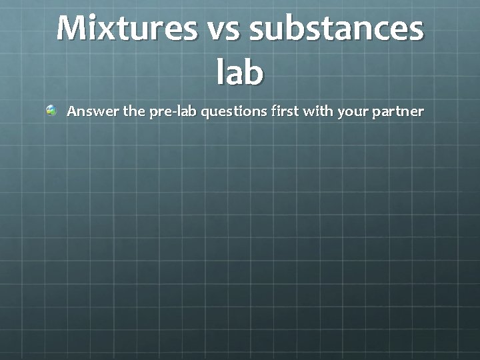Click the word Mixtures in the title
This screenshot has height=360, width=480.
pos(127,28)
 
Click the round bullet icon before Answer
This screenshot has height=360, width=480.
pos(51,111)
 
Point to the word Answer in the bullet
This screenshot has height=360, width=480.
pos(93,111)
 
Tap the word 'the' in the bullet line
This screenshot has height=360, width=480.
pos(134,111)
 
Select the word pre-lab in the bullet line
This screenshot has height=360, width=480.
pos(173,111)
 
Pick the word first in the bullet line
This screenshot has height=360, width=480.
pos(285,111)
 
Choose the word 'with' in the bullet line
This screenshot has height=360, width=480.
pos(319,111)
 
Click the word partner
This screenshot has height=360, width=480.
pos(398,111)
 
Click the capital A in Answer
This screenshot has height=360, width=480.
pos(71,111)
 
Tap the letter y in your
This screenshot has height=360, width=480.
pos(341,113)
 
